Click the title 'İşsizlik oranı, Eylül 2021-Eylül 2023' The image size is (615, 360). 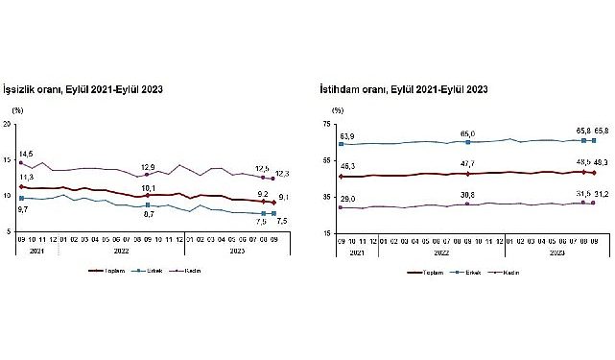[84, 89]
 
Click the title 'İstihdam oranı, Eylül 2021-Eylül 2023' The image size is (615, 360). [404, 89]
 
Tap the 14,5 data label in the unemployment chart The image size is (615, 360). [26, 154]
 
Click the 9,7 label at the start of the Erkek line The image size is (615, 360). [22, 208]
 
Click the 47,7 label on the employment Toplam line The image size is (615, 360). [468, 165]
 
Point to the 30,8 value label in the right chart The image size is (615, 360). [468, 195]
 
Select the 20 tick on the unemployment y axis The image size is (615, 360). [8, 125]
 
